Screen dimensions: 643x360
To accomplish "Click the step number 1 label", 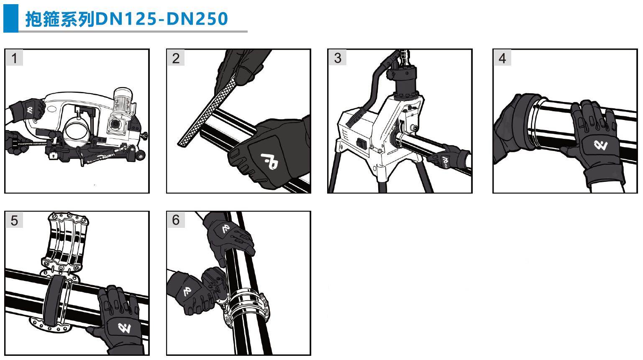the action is (14, 58).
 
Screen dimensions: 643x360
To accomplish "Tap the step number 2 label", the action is (176, 58).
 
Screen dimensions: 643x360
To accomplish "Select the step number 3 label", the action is (338, 58).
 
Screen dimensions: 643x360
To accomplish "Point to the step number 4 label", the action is (502, 58).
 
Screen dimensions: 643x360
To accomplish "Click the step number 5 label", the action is (14, 220).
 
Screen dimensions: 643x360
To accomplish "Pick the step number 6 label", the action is (176, 220).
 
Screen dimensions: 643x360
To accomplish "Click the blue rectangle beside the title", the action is (10, 18).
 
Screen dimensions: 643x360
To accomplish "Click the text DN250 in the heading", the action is (197, 19).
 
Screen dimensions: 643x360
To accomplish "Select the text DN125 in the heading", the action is (126, 19).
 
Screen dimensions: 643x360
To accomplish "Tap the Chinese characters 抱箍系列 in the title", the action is (60, 19).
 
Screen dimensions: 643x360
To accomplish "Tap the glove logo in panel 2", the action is (269, 161).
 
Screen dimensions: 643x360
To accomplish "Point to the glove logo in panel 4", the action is (600, 145).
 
